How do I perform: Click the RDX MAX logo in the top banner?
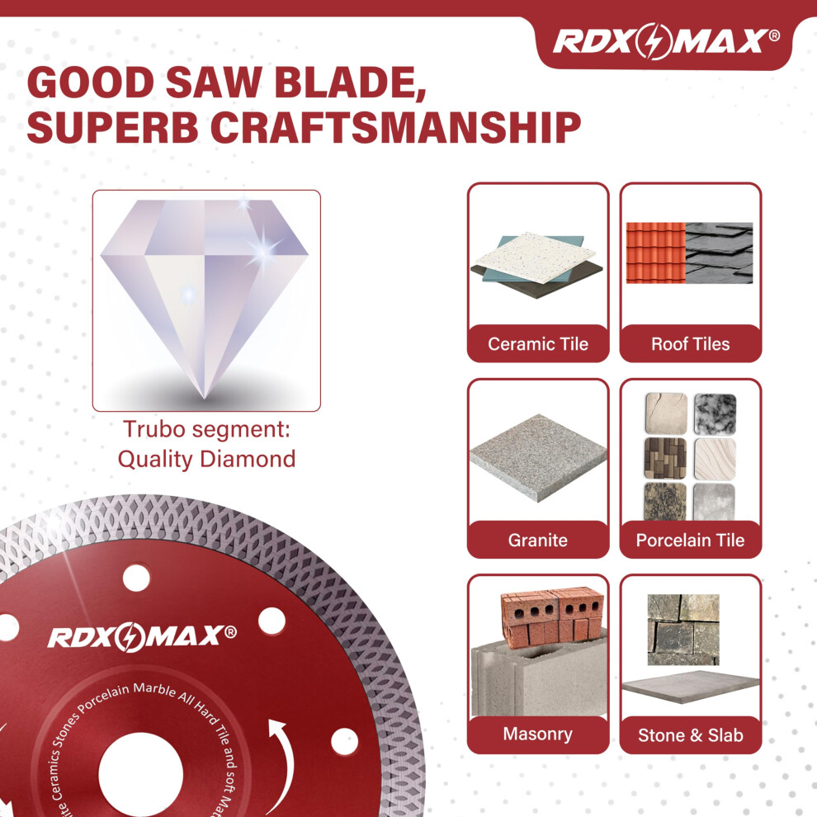666,40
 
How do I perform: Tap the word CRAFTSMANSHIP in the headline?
395,128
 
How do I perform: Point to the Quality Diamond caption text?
206,460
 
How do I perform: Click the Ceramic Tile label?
538,344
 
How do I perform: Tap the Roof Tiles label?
691,344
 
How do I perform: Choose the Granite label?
538,540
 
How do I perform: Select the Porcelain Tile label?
691,540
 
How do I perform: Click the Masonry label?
538,734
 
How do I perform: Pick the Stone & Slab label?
691,735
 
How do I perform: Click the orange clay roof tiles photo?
655,253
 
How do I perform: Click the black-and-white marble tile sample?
715,413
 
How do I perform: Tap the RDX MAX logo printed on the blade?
142,636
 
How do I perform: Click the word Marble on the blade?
155,690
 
